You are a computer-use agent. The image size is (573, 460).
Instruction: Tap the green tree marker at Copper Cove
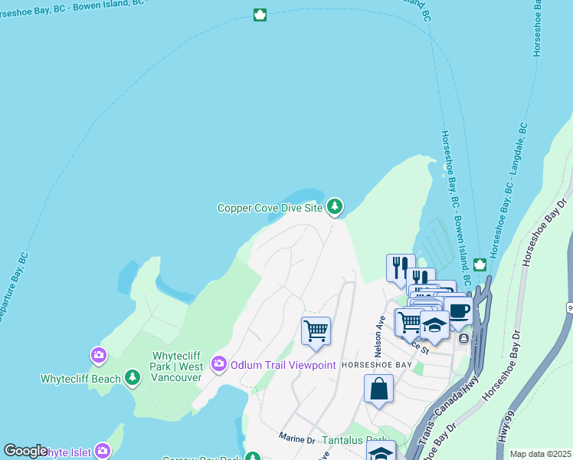(x=334, y=206)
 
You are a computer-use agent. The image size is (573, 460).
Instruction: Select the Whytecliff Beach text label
(x=80, y=379)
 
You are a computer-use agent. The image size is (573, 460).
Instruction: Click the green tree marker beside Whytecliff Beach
(x=133, y=377)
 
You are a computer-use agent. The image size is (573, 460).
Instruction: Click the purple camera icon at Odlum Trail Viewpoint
(x=220, y=363)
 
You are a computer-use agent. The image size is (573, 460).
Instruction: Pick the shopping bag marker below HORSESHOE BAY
(x=378, y=389)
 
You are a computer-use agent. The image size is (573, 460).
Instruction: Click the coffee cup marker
(x=459, y=310)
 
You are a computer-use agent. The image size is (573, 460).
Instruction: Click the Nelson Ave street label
(x=378, y=332)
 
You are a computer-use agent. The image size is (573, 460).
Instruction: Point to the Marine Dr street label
(x=296, y=440)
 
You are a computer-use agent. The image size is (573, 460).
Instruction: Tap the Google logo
(x=25, y=451)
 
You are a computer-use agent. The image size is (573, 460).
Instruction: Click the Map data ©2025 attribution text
(x=540, y=454)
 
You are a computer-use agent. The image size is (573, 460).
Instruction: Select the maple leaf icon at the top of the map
(x=260, y=15)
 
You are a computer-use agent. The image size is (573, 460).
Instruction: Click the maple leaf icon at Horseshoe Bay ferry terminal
(x=480, y=265)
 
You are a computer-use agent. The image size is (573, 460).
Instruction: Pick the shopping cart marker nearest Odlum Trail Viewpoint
(x=316, y=331)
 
